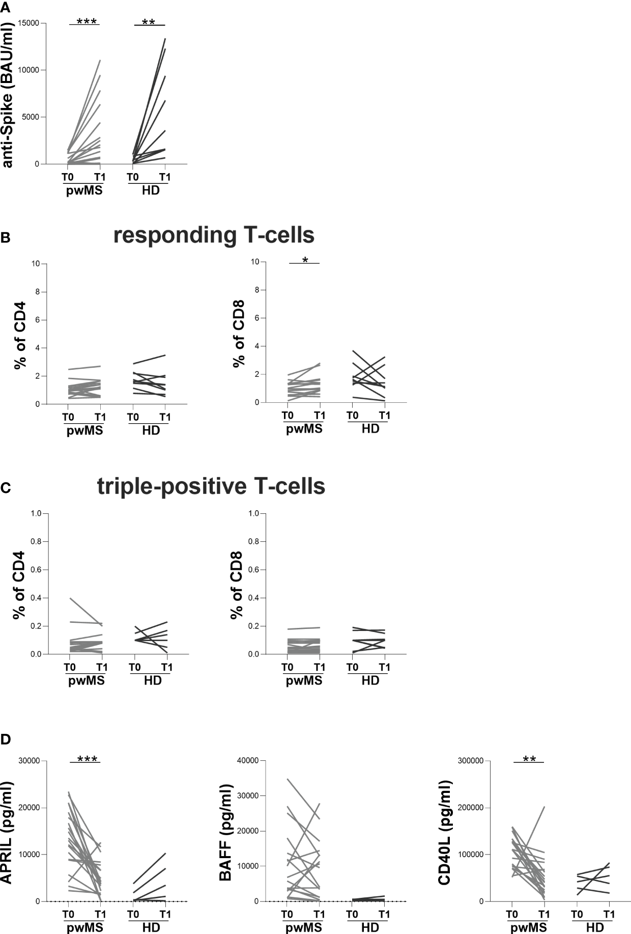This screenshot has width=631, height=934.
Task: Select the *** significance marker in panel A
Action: coord(87,21)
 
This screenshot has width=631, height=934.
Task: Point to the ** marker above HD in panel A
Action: coord(149,22)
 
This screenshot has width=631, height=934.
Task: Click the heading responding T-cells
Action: coord(214,235)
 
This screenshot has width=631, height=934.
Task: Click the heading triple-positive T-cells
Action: coord(211,486)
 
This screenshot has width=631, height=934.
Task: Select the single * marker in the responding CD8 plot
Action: coord(305,261)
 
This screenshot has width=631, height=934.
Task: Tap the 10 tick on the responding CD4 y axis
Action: coord(36,264)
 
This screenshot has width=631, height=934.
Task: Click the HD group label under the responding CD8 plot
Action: coord(370,429)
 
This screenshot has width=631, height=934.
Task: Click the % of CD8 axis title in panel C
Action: coord(237,584)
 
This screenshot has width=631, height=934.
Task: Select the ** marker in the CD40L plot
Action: coord(529,759)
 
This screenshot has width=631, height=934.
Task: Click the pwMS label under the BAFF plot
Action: coord(304,928)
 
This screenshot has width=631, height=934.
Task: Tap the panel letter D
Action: coord(6,739)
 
